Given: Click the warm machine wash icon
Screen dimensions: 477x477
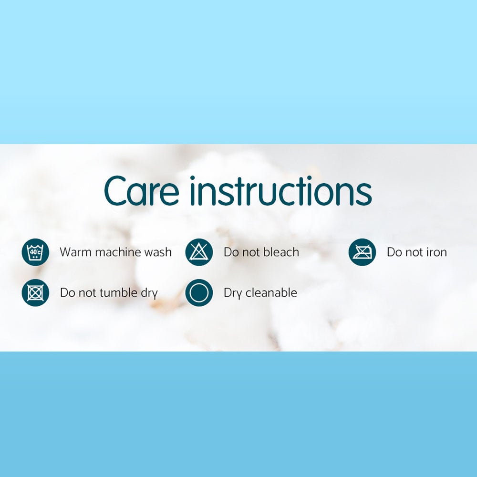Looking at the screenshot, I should tap(35, 252).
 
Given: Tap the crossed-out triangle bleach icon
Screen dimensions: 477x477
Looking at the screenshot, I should tap(199, 252).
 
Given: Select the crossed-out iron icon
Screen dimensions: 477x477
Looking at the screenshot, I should tap(362, 252).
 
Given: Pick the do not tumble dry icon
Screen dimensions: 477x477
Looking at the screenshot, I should tap(35, 292).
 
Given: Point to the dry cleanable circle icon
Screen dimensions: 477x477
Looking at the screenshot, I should tap(199, 292).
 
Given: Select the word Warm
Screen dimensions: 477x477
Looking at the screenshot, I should tap(74, 252).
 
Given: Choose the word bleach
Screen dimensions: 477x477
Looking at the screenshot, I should tap(279, 252).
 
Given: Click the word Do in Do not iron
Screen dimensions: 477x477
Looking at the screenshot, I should tap(394, 252).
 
